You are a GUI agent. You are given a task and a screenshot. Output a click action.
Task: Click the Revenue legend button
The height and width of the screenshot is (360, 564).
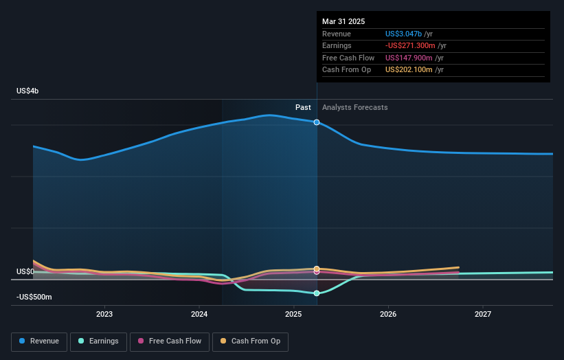click(39, 341)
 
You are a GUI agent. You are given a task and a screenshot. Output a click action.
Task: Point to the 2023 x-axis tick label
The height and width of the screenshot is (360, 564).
click(104, 314)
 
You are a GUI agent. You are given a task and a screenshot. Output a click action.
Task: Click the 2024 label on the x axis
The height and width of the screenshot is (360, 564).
click(199, 314)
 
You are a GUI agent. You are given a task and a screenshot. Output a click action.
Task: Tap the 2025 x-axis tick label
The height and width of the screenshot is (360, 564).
click(293, 314)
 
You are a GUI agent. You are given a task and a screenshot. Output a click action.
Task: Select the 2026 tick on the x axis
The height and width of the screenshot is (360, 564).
click(388, 314)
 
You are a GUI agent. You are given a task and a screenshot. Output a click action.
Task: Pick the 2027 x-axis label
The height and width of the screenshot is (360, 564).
click(483, 314)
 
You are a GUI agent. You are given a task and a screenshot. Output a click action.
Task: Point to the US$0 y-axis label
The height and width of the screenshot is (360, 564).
click(26, 272)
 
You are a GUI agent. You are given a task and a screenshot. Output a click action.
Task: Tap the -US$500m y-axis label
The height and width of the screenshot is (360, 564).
click(34, 297)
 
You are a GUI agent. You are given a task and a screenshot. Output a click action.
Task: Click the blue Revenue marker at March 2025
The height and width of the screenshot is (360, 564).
click(317, 122)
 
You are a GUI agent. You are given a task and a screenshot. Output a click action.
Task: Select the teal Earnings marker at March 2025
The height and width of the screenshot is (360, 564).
click(317, 293)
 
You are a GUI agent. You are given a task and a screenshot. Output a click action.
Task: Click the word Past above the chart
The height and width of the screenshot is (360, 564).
click(303, 107)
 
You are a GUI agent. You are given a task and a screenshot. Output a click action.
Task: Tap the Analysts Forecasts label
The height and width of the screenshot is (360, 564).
click(354, 107)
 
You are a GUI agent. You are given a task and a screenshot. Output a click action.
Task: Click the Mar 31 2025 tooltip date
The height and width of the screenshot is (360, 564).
click(343, 21)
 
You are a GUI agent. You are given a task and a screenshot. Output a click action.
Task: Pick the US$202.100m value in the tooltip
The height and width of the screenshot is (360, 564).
click(409, 69)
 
